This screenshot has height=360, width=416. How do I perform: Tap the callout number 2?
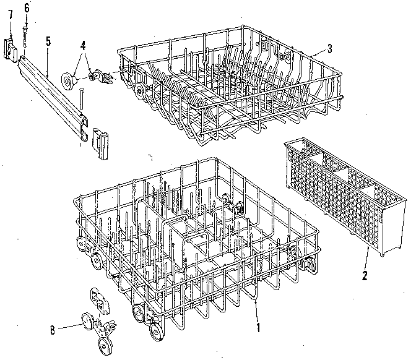(365, 275)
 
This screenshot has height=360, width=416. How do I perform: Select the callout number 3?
(331, 49)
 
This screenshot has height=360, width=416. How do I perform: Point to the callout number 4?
(83, 45)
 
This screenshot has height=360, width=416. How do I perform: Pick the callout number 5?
(48, 42)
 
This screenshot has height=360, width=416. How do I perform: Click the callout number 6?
(27, 7)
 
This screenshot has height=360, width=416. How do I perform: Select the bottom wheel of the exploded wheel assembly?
(102, 344)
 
